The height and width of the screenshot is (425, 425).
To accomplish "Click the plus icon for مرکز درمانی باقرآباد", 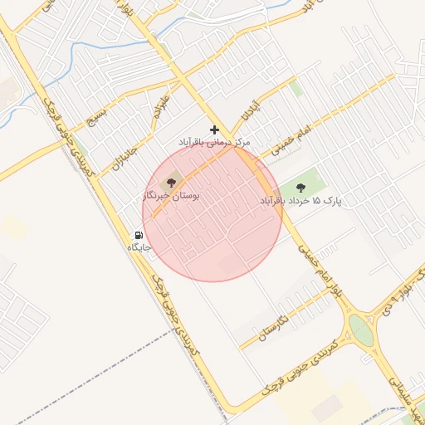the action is coord(215,129).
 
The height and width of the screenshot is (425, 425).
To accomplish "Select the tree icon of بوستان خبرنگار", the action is coord(173,180).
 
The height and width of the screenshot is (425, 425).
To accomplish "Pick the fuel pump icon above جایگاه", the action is coord(139,235).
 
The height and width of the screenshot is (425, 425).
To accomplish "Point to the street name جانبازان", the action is coord(125,153).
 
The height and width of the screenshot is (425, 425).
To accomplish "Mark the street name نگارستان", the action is coord(274,328).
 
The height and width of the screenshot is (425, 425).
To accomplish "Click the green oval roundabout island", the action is coord(361,330).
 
